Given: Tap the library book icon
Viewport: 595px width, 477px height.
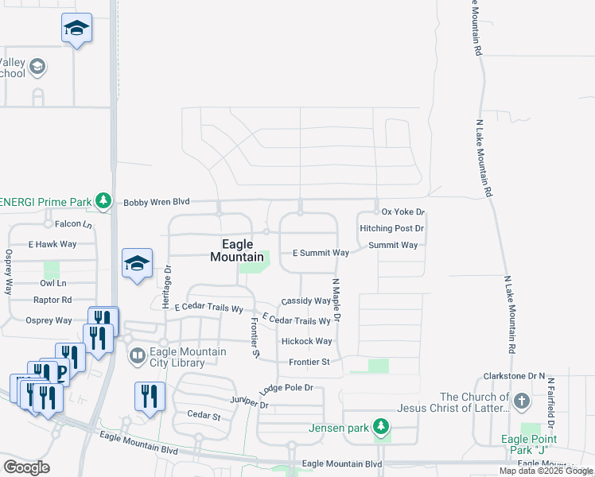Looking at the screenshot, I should tap(137, 355).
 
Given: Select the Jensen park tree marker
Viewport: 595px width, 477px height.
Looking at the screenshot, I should tap(382, 428).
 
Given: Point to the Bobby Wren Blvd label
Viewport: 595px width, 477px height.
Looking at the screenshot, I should tap(156, 203).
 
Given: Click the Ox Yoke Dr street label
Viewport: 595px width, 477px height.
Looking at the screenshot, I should tap(403, 212).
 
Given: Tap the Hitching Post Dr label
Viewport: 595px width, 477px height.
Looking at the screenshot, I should tap(392, 228).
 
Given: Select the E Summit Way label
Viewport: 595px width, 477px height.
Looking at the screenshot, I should tap(321, 253).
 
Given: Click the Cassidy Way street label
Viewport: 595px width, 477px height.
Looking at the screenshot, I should tap(306, 301).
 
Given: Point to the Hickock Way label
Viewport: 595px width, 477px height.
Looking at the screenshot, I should tap(306, 341).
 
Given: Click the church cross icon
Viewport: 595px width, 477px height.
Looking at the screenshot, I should tap(521, 400).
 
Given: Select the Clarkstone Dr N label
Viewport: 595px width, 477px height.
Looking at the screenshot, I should tap(515, 375).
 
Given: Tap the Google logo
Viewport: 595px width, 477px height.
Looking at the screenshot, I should tap(27, 467).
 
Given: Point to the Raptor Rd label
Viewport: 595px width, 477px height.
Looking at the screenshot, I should tap(52, 300).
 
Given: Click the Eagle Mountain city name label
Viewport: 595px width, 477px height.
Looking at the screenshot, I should tap(237, 250).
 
